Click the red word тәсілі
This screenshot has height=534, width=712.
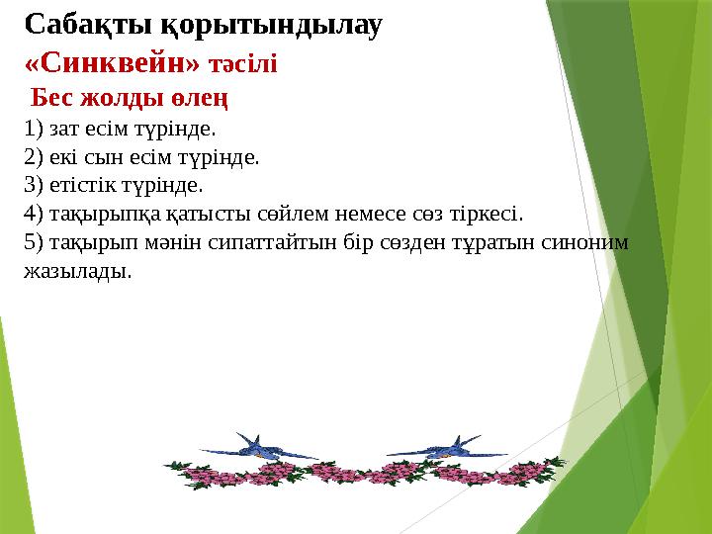click(242, 64)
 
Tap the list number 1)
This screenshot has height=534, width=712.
click(33, 129)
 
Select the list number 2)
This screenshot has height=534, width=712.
click(33, 156)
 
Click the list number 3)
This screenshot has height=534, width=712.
click(33, 185)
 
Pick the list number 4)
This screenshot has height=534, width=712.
click(33, 213)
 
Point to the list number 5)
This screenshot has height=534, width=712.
click(33, 241)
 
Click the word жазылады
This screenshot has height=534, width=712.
click(77, 271)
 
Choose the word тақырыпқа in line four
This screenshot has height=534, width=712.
click(103, 214)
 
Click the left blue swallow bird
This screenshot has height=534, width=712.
click(259, 449)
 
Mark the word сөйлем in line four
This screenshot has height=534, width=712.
click(301, 213)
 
